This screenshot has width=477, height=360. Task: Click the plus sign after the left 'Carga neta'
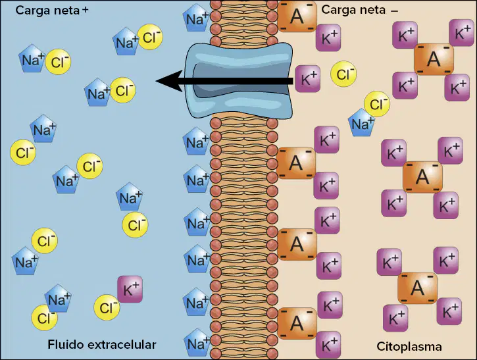(85, 10)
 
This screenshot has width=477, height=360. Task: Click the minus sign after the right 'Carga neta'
(394, 11)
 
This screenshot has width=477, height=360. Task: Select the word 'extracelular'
(122, 344)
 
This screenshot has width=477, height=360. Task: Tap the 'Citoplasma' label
(409, 347)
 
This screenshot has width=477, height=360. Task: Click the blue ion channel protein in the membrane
(239, 81)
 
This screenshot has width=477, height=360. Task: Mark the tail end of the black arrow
(293, 81)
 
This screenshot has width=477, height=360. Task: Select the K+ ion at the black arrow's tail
(308, 78)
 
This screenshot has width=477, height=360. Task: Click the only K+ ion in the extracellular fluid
(130, 290)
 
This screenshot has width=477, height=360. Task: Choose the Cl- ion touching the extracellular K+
(107, 307)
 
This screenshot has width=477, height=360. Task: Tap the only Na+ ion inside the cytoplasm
(361, 122)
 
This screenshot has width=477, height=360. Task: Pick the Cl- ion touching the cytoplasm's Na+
(377, 104)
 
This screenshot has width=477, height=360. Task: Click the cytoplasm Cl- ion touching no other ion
(343, 74)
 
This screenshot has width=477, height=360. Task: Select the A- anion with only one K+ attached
(297, 16)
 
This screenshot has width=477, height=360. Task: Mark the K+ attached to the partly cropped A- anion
(328, 38)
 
